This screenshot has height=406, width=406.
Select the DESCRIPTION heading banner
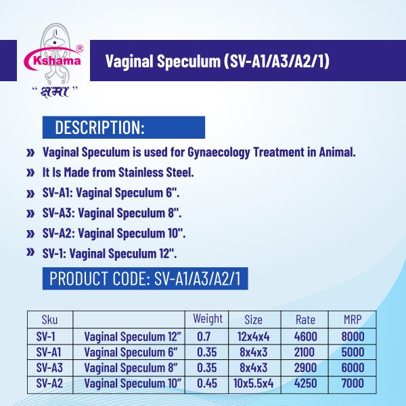click(x=123, y=127)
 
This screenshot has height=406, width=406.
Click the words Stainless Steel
click(x=147, y=172)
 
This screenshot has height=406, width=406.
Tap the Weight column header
click(x=208, y=319)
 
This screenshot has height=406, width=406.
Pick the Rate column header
click(x=306, y=319)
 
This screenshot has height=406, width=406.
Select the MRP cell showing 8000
click(x=353, y=336)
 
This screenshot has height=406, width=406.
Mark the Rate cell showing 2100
click(x=306, y=352)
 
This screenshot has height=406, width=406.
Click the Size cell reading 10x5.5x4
click(x=252, y=383)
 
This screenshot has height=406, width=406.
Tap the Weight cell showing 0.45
click(x=207, y=383)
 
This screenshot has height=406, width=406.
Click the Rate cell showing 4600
click(x=306, y=336)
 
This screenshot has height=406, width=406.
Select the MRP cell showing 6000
click(x=353, y=367)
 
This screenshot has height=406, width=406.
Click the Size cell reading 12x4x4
click(x=252, y=336)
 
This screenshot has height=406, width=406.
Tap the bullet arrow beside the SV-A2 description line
click(x=30, y=233)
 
